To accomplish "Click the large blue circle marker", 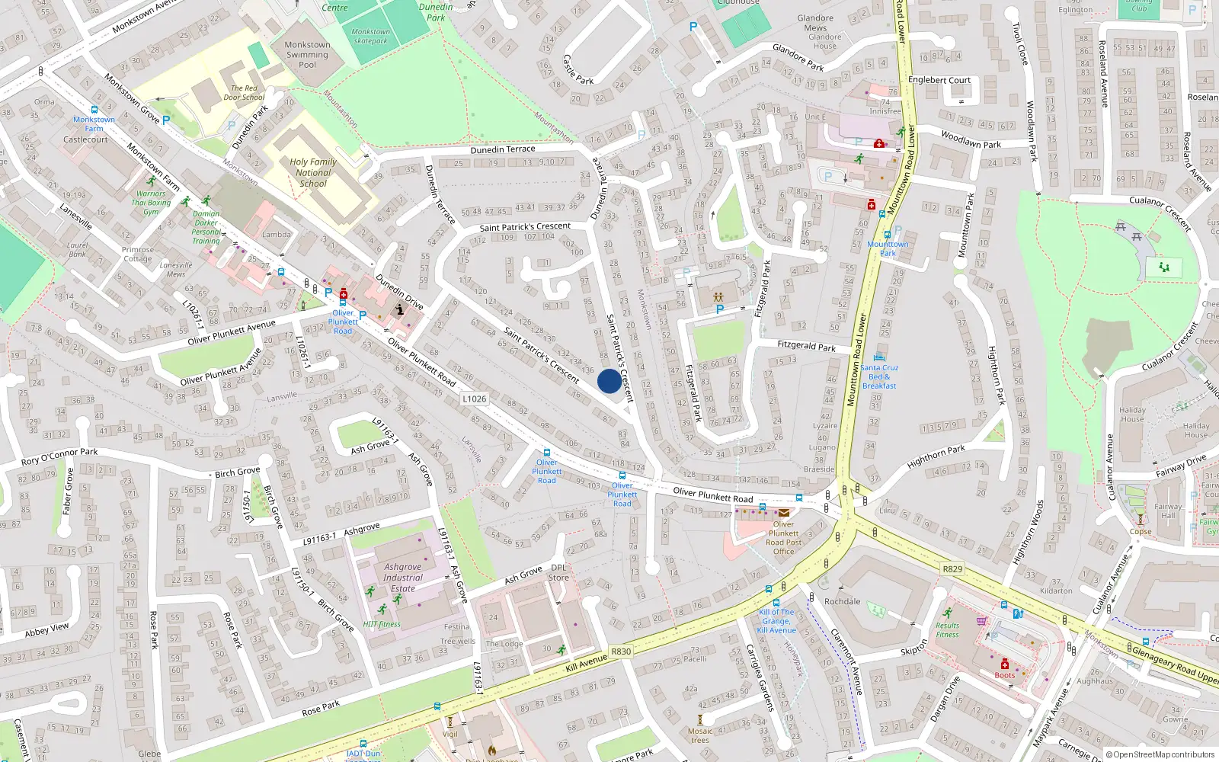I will (609, 381).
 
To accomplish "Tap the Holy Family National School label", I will (313, 173).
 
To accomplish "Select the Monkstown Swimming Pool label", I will (307, 55).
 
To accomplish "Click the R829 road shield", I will (952, 568).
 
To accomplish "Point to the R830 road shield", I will (621, 651).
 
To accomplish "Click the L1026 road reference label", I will (474, 399).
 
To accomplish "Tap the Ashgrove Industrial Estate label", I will (403, 578).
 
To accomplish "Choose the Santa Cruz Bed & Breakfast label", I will (879, 376).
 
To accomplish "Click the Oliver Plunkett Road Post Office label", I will (783, 537).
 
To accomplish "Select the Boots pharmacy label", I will (1004, 675).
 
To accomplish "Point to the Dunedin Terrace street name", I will (503, 149).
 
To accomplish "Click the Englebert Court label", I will (939, 80).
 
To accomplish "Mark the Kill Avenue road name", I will (587, 663).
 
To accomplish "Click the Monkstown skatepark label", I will (371, 37).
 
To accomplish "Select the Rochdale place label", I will (842, 601).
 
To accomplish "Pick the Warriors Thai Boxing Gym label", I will (151, 203).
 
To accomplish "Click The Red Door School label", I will (244, 93).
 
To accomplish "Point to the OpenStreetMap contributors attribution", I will (1160, 754).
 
